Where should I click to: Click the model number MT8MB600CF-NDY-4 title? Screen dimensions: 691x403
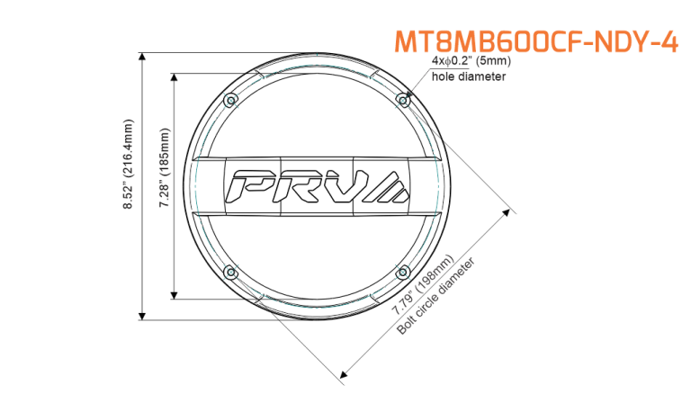coord(536,42)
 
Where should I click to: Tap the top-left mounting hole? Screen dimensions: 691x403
coord(230,101)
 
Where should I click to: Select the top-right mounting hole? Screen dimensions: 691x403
coord(403,101)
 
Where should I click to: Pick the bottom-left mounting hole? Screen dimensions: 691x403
coord(230,273)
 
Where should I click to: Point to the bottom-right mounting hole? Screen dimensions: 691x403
coord(403,273)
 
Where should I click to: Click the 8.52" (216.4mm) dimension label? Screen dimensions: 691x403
coord(129,164)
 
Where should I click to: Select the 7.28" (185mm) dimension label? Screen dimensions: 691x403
coord(165,167)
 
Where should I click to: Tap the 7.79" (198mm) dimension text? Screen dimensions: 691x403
coord(423,284)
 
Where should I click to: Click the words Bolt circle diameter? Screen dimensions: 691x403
coord(436,296)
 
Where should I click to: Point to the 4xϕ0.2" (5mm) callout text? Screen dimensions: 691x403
coord(471,61)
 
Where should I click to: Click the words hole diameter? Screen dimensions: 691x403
coord(469,76)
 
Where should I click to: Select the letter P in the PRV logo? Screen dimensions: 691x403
coord(251,186)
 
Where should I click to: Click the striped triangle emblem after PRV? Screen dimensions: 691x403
coord(388,187)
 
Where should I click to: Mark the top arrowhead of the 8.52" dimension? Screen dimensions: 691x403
coord(142,57)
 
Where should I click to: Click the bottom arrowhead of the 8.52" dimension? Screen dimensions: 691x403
coord(142,316)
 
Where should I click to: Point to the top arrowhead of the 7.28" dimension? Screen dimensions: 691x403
coord(174,77)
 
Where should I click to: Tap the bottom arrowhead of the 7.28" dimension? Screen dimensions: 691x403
coord(174,295)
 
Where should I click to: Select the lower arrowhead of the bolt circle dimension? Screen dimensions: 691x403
coord(344,375)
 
